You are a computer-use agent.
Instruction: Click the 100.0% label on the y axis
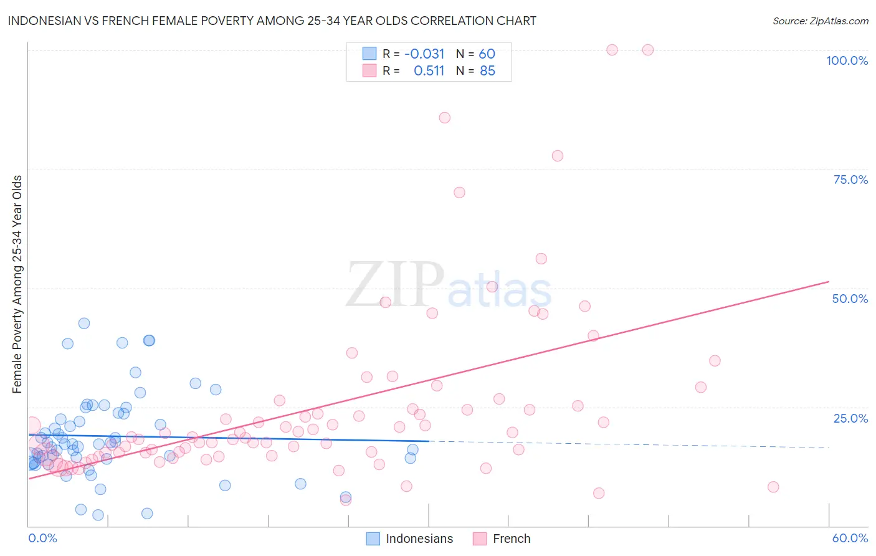[847, 60]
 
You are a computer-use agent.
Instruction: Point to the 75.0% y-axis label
[850, 180]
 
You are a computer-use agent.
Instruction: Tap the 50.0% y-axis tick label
[850, 299]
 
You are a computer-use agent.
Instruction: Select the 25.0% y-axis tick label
[850, 418]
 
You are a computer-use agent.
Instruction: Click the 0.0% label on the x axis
[42, 538]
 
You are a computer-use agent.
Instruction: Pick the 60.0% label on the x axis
[850, 538]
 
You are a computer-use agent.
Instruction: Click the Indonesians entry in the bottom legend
[419, 539]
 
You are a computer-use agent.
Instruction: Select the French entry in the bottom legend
[511, 539]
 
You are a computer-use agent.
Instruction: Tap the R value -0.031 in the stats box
[424, 54]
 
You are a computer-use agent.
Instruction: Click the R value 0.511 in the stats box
[429, 71]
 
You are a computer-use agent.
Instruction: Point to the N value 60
[487, 54]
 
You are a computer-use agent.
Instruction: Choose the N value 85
[487, 71]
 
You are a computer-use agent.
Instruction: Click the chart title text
[272, 21]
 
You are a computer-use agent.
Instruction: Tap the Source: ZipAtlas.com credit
[820, 21]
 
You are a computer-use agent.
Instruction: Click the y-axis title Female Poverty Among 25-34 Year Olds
[17, 284]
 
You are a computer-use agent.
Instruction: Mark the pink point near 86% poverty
[444, 118]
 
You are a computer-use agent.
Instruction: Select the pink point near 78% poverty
[558, 156]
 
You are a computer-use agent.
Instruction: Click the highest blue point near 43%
[83, 324]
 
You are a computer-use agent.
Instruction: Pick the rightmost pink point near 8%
[773, 487]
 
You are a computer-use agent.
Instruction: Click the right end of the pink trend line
[829, 282]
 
